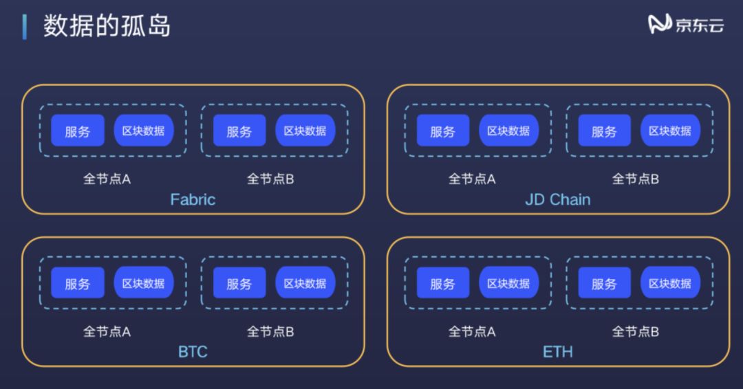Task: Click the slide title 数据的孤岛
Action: (x=107, y=26)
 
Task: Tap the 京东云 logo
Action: (x=686, y=25)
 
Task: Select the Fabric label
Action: (x=193, y=200)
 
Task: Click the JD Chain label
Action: (x=557, y=200)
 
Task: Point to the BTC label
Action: (x=193, y=352)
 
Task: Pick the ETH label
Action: (x=557, y=352)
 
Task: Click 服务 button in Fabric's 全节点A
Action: (x=78, y=131)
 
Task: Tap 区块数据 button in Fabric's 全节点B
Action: (x=305, y=131)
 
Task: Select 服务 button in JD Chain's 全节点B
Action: (x=604, y=131)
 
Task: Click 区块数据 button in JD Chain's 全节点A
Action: (x=508, y=131)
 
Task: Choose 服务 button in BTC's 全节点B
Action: (x=239, y=283)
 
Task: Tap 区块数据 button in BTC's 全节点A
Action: (x=143, y=283)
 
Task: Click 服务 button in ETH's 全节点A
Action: (x=442, y=283)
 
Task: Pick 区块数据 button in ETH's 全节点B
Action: (x=670, y=283)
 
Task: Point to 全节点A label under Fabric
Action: (x=107, y=179)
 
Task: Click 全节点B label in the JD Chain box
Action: (x=636, y=179)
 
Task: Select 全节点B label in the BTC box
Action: (x=270, y=331)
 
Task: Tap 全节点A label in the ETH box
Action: (x=472, y=331)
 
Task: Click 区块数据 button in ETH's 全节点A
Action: (x=508, y=283)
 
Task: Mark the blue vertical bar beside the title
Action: (x=25, y=26)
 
